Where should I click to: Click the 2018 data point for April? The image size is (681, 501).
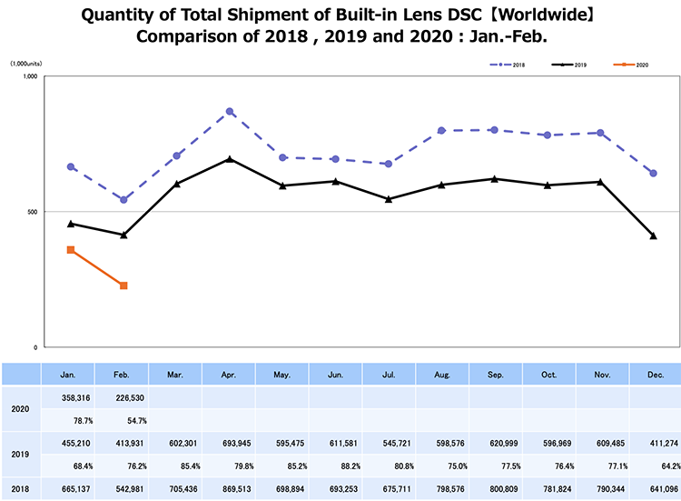pyautogui.click(x=230, y=112)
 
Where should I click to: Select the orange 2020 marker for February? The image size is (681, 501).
pyautogui.click(x=123, y=286)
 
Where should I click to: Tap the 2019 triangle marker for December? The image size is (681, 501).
pyautogui.click(x=653, y=236)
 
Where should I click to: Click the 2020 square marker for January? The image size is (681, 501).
pyautogui.click(x=71, y=250)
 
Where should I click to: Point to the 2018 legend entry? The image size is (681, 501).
pyautogui.click(x=513, y=65)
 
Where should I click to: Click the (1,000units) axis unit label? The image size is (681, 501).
pyautogui.click(x=26, y=65)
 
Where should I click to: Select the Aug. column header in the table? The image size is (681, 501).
pyautogui.click(x=442, y=374)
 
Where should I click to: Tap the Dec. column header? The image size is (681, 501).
pyautogui.click(x=654, y=374)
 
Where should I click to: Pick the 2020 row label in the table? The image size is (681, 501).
pyautogui.click(x=20, y=408)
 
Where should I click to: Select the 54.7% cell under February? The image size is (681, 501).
pyautogui.click(x=124, y=420)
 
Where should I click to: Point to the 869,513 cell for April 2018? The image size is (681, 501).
pyautogui.click(x=230, y=490)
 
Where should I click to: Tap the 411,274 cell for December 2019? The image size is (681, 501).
pyautogui.click(x=654, y=444)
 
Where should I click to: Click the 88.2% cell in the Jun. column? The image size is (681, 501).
pyautogui.click(x=336, y=466)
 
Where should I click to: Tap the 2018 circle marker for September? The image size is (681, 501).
pyautogui.click(x=494, y=130)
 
